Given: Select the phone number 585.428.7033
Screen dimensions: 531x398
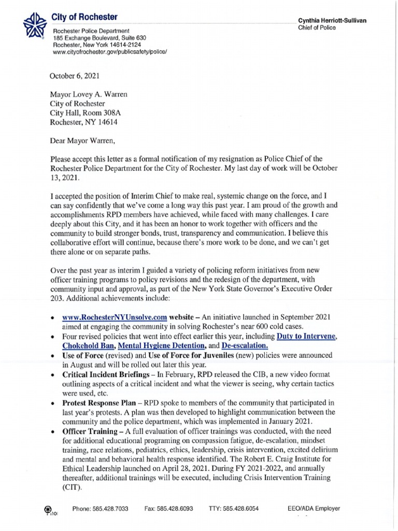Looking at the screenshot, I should coord(100,509).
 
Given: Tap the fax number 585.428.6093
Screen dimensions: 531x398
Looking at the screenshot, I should coord(168,509).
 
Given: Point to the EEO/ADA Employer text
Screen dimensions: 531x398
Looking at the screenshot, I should coord(316,509).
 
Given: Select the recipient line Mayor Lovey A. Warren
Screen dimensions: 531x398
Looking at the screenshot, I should coord(88,95).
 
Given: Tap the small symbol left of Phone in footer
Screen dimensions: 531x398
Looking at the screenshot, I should coord(49,510).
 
